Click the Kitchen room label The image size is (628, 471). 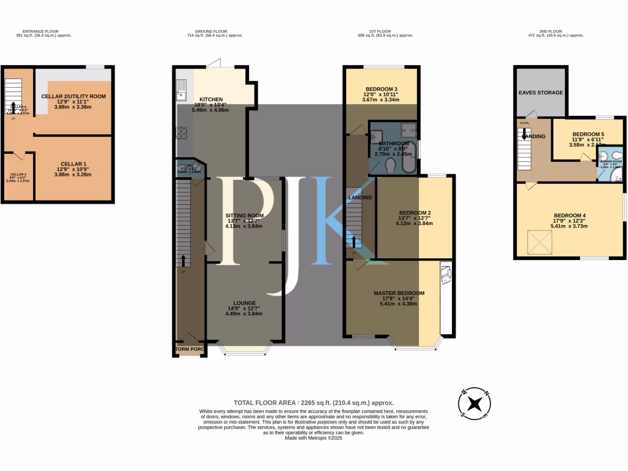coord(210,99)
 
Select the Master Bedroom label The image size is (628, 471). coord(399,293)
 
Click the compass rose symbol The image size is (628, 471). coord(474,404)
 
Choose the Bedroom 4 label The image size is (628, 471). coord(570,215)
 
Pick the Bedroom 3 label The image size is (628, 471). coord(381,88)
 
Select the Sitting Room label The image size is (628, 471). coord(244,216)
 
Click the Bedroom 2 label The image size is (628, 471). coord(415,212)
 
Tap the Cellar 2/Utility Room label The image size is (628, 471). coord(74,96)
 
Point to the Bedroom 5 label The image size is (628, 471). coord(588,134)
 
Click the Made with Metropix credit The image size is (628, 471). coord(313,437)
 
